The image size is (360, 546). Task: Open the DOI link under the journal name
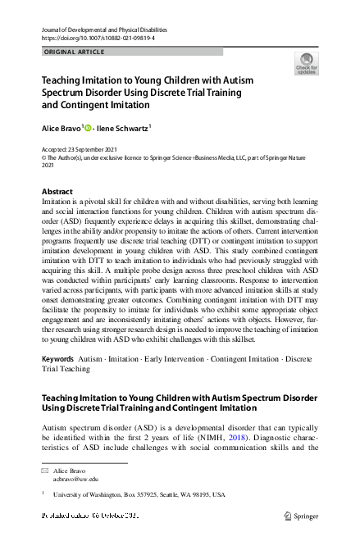pos(93,39)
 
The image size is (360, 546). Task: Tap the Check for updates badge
pos(305,64)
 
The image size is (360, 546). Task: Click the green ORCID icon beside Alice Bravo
pos(89,128)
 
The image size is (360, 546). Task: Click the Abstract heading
pos(57,191)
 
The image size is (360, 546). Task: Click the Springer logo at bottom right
pos(300,516)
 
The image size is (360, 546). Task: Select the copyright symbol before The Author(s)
pos(43,158)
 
